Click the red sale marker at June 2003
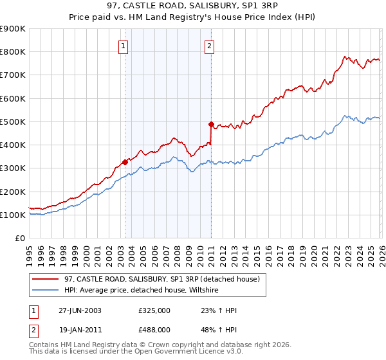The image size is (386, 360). tap(125, 163)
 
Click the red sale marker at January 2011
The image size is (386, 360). tap(210, 124)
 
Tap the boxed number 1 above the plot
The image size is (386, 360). tap(123, 46)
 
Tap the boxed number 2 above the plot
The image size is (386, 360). tap(210, 46)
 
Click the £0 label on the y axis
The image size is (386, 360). tap(19, 238)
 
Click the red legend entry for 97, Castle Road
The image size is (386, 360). tap(161, 279)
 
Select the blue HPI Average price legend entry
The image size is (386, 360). tap(142, 290)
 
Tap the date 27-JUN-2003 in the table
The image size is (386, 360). tap(79, 310)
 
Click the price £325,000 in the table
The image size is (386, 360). tap(154, 310)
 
